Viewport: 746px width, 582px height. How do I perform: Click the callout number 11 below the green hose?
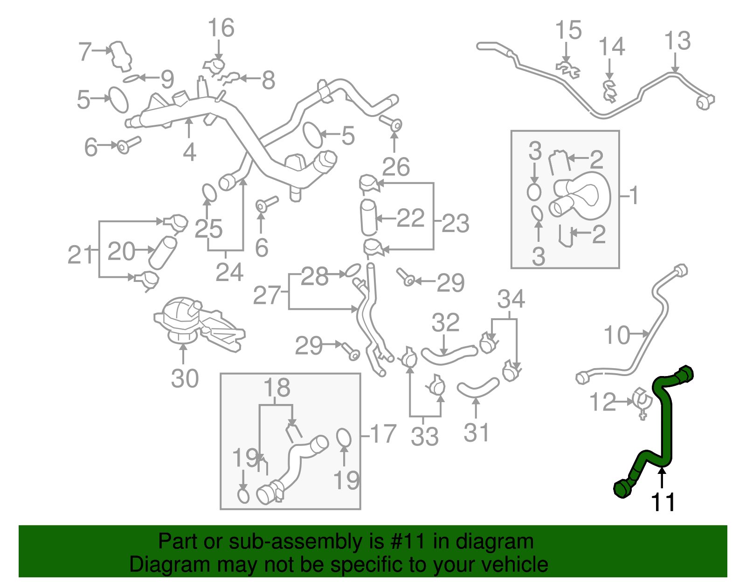[663, 503]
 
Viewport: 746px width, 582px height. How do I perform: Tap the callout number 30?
[185, 378]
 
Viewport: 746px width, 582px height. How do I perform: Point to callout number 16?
[221, 28]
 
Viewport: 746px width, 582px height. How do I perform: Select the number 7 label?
[85, 51]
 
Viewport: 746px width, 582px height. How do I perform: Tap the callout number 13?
[677, 41]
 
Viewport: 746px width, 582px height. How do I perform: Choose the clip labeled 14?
[610, 91]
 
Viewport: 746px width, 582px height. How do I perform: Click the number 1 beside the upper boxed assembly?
[634, 196]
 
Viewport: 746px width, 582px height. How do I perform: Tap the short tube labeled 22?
[369, 217]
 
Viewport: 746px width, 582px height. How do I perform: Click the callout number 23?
[455, 223]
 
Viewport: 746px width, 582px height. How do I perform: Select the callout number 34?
[511, 299]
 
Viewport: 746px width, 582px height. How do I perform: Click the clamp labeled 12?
[641, 404]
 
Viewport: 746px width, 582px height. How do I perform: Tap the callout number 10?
[617, 335]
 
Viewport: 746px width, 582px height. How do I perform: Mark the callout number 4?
[189, 152]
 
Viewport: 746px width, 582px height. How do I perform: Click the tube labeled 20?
[163, 253]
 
